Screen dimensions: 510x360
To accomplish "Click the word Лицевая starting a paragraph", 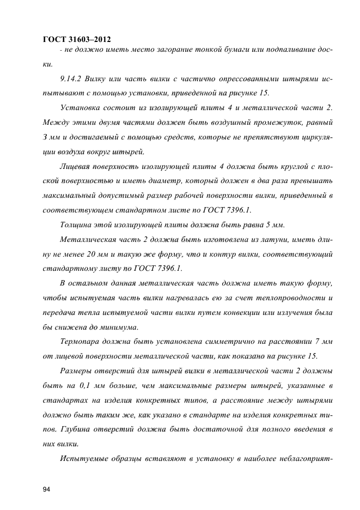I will [x=76, y=165].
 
